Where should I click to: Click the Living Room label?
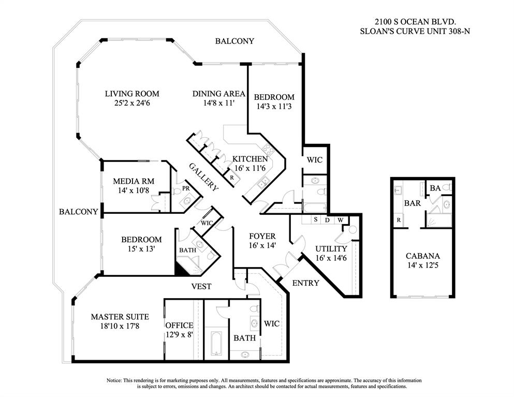132,94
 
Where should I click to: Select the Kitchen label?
249,159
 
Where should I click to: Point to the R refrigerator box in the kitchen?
231,177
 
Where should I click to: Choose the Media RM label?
134,181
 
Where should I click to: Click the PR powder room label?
185,188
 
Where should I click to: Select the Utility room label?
331,248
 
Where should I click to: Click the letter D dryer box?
327,220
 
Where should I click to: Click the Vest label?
201,286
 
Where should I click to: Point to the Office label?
179,325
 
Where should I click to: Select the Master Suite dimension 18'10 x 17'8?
120,326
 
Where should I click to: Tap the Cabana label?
422,256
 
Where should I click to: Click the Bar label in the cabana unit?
412,203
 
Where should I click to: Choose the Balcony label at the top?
234,41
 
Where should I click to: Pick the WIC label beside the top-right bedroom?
315,160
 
